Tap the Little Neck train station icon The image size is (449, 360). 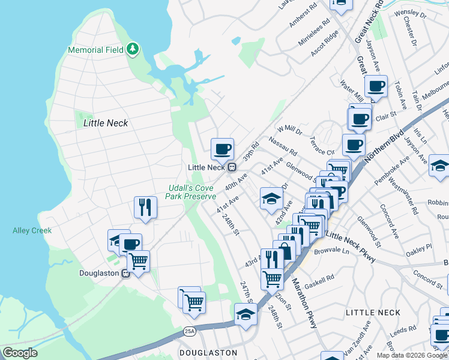point(232,167)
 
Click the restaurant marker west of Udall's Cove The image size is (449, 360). point(145,208)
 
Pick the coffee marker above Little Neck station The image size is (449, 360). point(222,148)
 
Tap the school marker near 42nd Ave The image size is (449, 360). point(271,198)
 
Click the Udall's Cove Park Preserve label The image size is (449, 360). point(191,193)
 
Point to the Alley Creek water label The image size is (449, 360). point(32,230)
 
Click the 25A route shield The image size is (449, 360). point(190,331)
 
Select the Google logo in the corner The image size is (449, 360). point(20,353)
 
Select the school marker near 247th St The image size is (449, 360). point(246,314)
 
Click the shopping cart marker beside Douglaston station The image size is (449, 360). point(139,261)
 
